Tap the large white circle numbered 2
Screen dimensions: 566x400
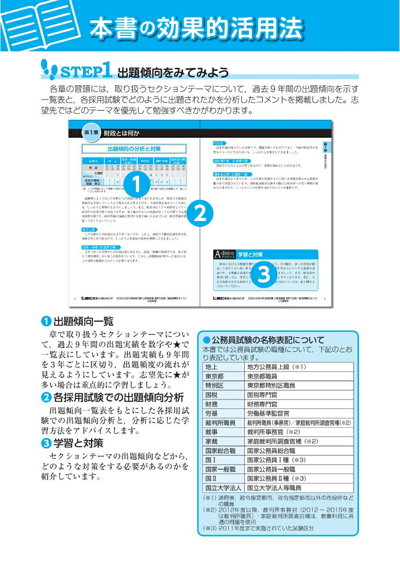200,216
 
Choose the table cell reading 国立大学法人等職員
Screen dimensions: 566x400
274,488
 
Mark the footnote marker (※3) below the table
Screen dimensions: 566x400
209,528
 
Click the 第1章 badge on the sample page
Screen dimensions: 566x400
91,133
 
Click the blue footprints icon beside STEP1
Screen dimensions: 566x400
49,69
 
